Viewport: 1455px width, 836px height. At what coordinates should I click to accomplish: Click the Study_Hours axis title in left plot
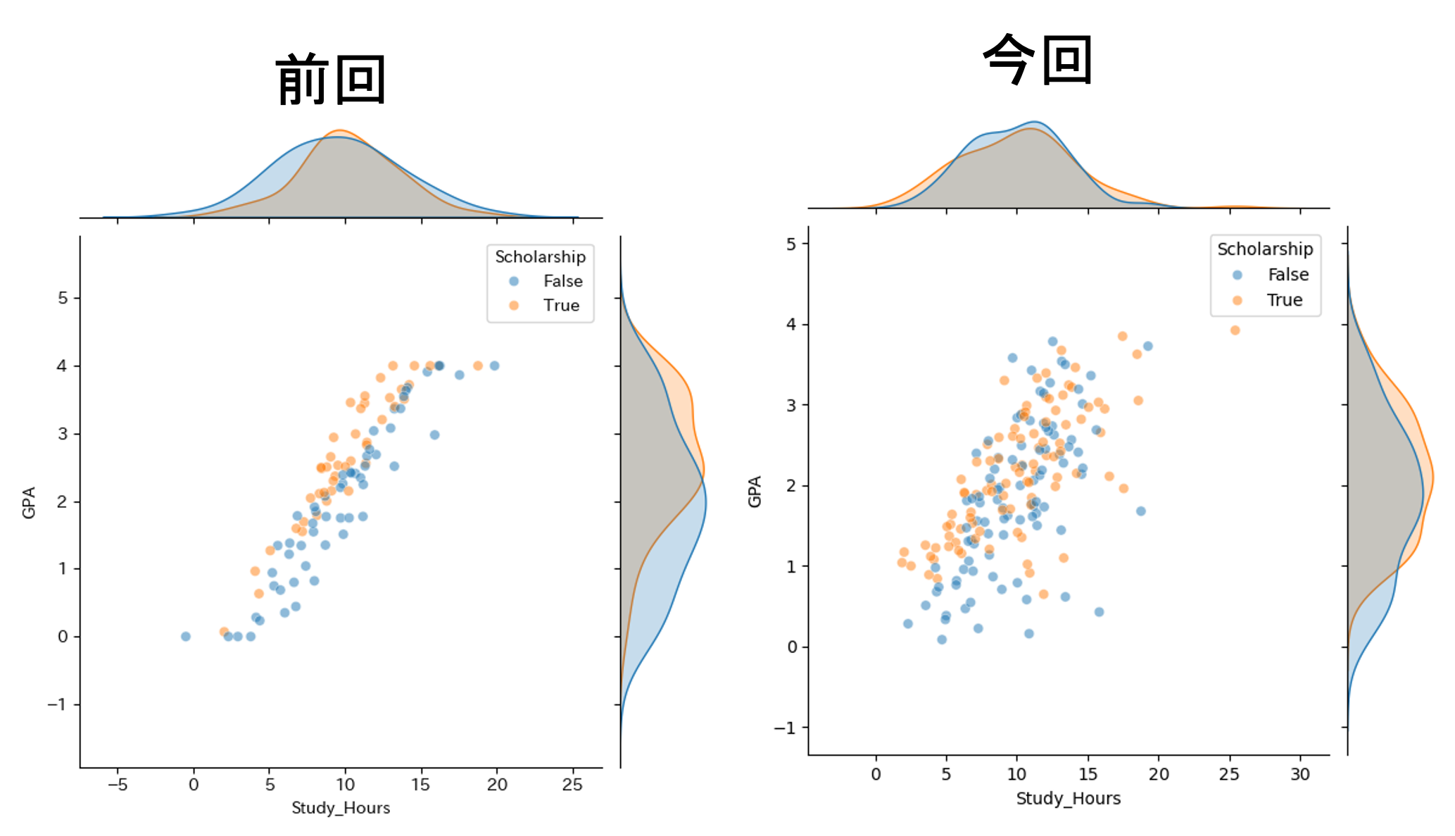coord(341,808)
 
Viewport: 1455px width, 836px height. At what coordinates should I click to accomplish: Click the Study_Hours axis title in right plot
coord(1068,799)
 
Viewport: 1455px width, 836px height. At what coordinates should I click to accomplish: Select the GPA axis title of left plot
coord(29,502)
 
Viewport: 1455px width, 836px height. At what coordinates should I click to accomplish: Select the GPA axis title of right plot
coord(755,492)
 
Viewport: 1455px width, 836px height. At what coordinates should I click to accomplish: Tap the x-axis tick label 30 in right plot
coord(1300,775)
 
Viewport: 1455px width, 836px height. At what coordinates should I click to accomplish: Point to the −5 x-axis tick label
coord(117,785)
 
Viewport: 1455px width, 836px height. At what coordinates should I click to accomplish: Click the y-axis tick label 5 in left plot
coord(63,298)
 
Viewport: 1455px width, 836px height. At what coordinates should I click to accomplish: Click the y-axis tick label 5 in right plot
coord(792,244)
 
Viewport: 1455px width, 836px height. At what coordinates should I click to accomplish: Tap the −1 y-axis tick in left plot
coord(58,704)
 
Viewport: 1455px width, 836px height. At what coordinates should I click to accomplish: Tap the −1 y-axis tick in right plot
coord(786,728)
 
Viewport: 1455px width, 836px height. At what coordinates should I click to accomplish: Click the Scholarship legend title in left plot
coord(540,257)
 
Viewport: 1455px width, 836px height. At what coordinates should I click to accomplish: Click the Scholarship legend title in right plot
coord(1265,249)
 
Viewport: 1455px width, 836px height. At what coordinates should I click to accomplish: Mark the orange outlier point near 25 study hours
coord(1235,330)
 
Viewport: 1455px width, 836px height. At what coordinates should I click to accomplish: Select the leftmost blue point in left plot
coord(186,636)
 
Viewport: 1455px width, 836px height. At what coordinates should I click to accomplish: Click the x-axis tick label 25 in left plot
coord(573,785)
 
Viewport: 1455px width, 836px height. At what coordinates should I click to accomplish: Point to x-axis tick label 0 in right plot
coord(876,775)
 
